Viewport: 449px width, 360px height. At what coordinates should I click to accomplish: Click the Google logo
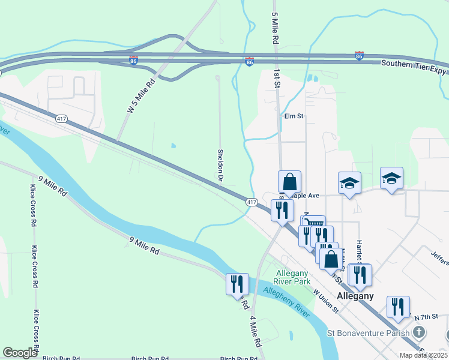(x=20, y=353)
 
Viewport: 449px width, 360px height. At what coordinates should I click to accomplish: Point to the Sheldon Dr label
(x=220, y=166)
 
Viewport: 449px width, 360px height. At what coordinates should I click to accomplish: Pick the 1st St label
(x=277, y=77)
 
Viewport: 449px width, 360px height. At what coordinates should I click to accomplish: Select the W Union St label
(x=327, y=301)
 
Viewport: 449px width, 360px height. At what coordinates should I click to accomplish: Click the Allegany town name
(x=355, y=296)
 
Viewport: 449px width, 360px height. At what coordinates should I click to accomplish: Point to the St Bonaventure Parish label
(x=368, y=332)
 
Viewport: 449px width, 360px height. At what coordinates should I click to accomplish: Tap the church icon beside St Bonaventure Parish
(x=420, y=332)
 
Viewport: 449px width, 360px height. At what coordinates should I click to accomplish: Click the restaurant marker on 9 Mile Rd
(x=237, y=283)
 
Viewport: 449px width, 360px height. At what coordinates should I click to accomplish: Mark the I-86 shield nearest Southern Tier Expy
(x=359, y=56)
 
